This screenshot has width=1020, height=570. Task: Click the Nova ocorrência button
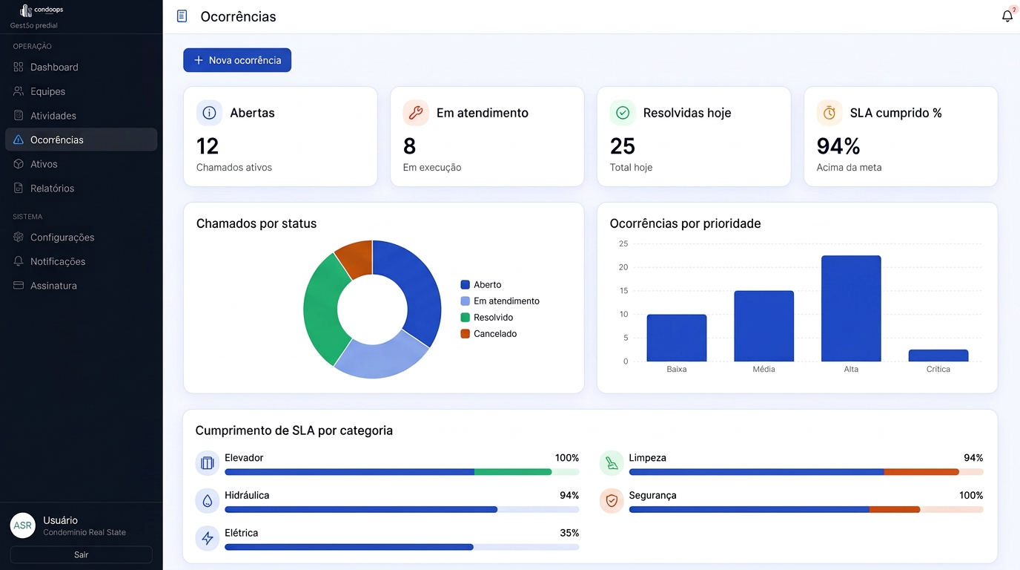point(237,60)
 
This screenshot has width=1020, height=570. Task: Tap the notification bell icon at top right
point(1007,16)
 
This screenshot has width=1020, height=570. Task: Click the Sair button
point(81,554)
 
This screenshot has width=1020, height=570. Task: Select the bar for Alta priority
point(851,308)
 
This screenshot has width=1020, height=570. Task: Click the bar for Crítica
point(938,356)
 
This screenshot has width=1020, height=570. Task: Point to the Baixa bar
point(677,338)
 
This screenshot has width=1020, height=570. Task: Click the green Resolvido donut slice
point(322,310)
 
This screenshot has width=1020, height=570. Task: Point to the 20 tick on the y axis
point(623,267)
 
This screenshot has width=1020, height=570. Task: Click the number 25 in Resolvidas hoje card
point(622,146)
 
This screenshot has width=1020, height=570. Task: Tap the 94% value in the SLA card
point(838,146)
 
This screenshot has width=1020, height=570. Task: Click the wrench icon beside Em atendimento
point(416,113)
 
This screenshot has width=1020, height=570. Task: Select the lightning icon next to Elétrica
point(208,538)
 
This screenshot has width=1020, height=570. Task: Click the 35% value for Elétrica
point(569,533)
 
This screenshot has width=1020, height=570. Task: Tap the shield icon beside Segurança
point(612,501)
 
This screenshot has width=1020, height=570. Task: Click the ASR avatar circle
point(23,525)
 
